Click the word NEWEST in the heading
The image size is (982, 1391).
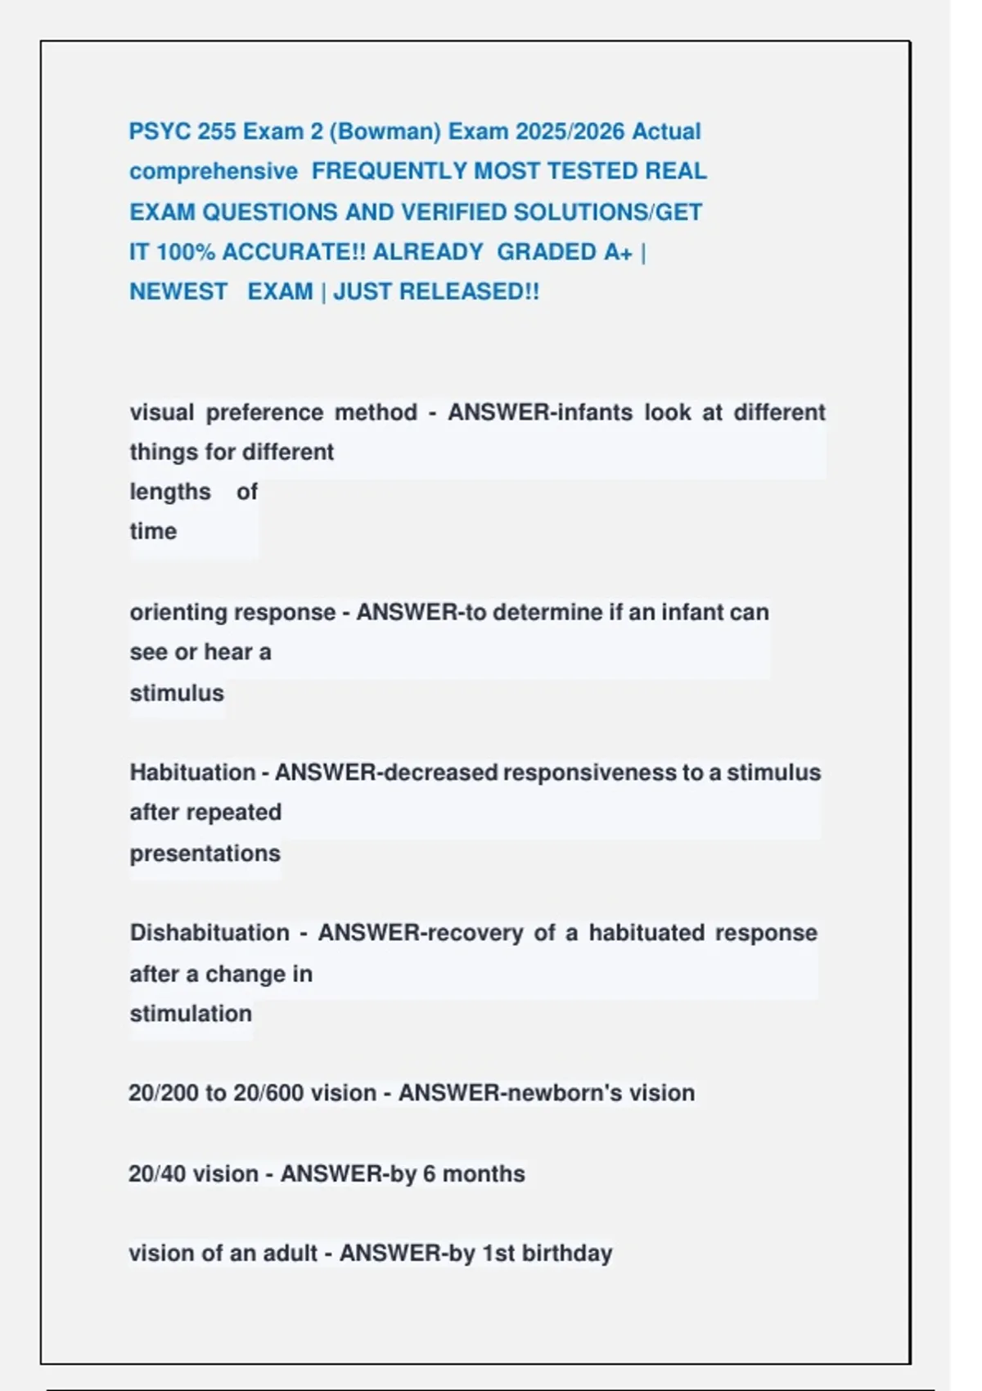coord(178,292)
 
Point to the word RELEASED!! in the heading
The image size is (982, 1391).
coord(470,292)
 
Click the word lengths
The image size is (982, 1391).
coord(170,492)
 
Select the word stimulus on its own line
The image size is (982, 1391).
coord(177,693)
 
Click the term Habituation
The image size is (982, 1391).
coord(192,772)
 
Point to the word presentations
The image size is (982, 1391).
coord(205,853)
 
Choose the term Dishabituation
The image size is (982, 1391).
coord(209,933)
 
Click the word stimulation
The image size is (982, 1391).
coord(191,1014)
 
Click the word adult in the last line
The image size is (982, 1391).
coord(290,1254)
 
